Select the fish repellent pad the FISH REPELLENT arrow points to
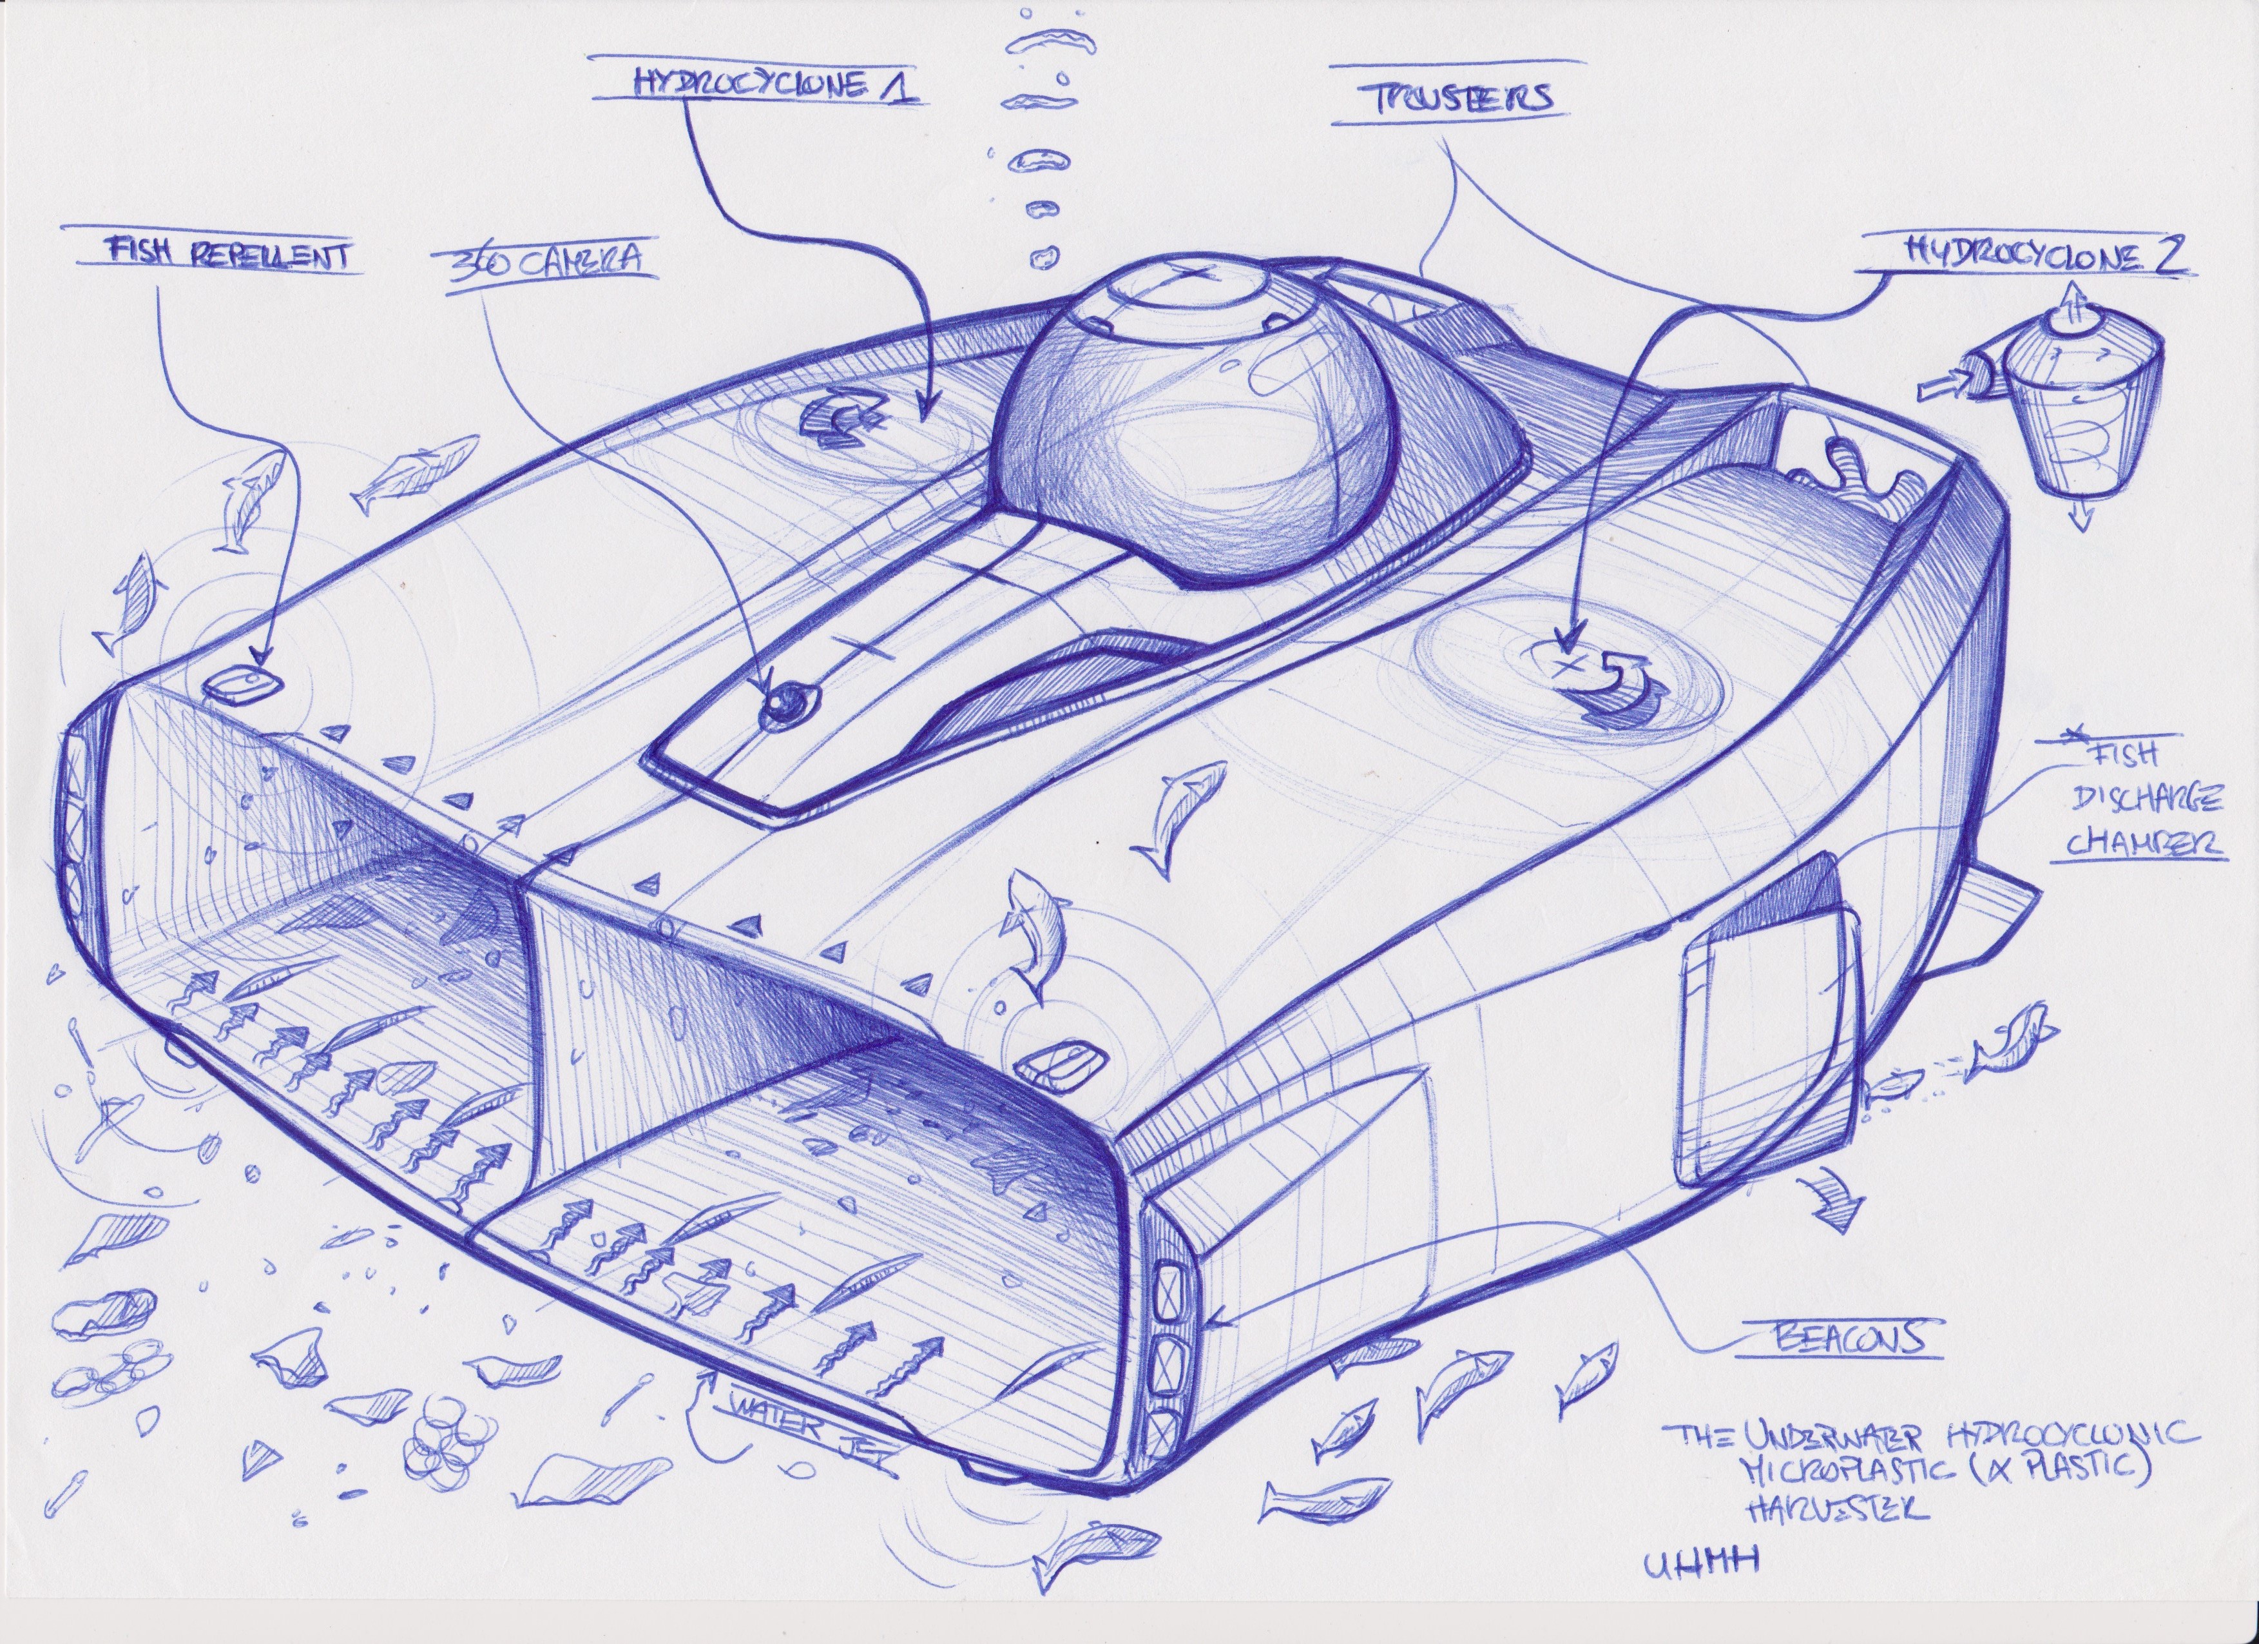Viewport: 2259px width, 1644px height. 242,683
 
